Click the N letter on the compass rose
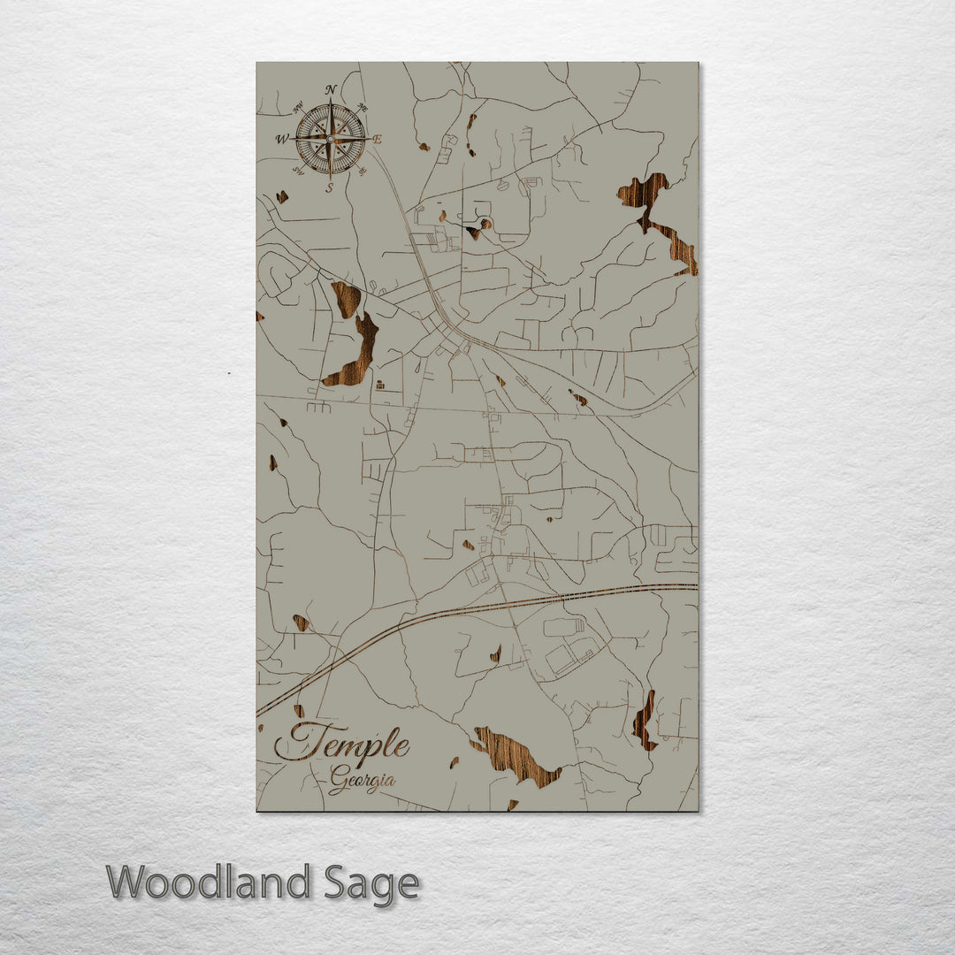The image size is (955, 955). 331,89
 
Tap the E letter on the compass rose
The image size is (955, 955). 378,140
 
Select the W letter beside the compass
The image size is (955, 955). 282,139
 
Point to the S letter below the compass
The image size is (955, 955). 330,187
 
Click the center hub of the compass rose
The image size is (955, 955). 331,139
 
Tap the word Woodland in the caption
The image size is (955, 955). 209,883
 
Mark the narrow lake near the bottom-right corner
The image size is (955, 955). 644,721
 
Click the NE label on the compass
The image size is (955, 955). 363,108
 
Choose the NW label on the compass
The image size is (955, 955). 298,107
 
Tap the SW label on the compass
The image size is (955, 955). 297,172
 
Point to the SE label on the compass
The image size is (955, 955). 363,172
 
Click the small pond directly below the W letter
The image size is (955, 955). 282,197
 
